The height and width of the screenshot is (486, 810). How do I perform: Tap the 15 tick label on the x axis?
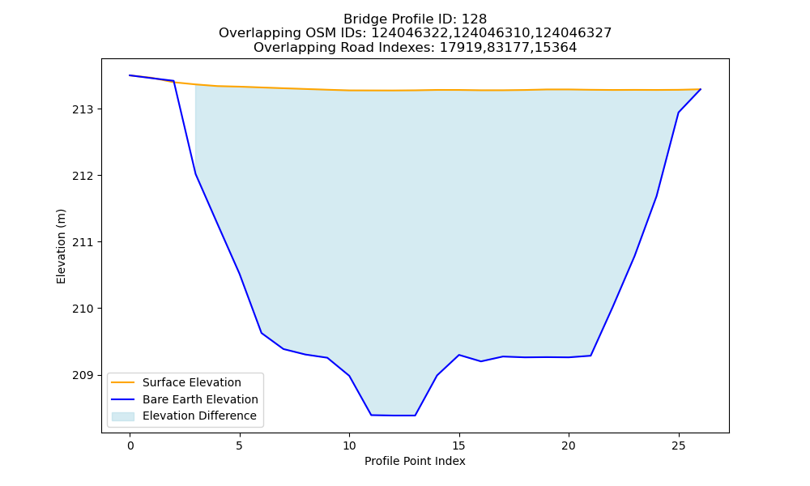[458, 446]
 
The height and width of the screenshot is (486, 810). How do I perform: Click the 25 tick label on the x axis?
[678, 446]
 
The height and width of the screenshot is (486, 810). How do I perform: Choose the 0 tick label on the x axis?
[130, 446]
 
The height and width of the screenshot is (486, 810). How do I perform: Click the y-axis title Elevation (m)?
[61, 246]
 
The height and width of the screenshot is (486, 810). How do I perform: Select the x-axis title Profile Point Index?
[415, 461]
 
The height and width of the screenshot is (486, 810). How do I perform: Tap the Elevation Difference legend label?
[199, 416]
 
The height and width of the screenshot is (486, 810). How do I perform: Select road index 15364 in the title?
[556, 48]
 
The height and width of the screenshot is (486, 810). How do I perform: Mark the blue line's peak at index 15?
[458, 355]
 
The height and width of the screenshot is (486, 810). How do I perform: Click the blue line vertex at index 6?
[262, 333]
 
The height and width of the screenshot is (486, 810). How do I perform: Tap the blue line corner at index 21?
[590, 356]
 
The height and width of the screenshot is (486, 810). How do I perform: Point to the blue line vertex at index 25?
[678, 112]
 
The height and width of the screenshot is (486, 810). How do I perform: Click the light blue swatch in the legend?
[123, 416]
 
